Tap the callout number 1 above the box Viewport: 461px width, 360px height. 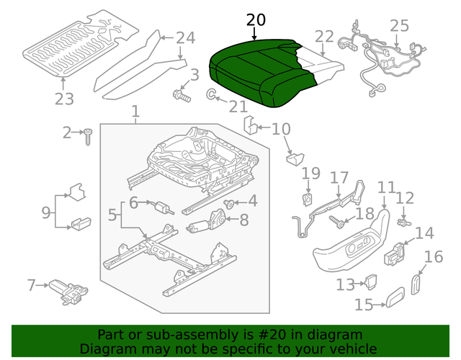[134, 112]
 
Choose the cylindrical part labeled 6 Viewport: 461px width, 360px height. [162, 208]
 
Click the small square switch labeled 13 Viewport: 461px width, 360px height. [371, 283]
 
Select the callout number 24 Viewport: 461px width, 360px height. [185, 37]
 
